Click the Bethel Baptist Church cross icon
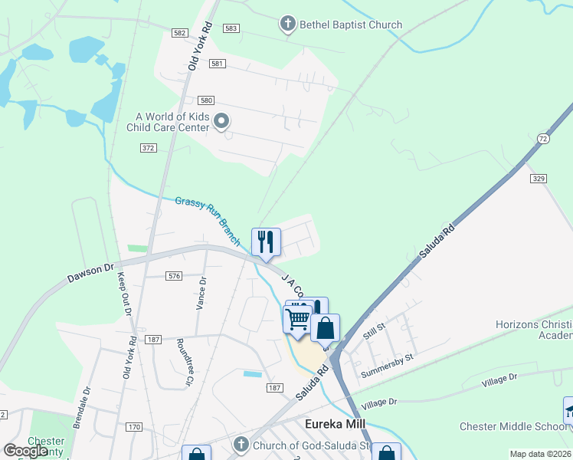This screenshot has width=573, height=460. click(288, 25)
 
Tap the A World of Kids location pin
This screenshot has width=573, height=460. click(222, 121)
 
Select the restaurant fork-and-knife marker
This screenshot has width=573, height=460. click(264, 242)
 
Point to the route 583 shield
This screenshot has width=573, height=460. click(231, 28)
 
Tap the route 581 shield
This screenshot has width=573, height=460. click(217, 63)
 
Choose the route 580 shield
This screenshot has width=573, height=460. click(205, 100)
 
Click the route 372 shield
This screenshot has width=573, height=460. click(149, 147)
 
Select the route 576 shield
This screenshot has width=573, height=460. click(174, 275)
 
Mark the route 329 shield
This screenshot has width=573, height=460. click(538, 178)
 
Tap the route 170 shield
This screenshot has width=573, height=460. click(135, 426)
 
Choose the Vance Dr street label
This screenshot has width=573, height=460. click(202, 294)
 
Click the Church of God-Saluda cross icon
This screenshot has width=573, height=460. click(241, 445)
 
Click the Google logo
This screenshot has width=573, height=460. click(25, 450)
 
